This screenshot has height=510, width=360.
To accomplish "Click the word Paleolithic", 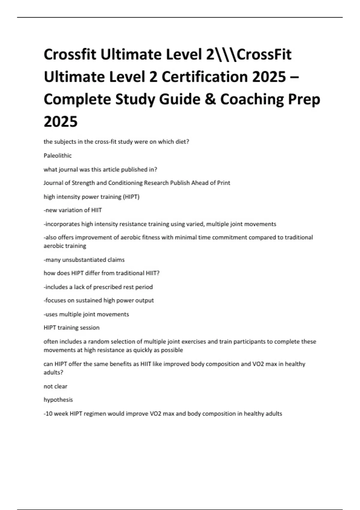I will [58, 155].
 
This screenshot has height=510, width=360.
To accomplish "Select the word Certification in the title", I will [205, 77].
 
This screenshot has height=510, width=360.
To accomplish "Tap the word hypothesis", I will [58, 400].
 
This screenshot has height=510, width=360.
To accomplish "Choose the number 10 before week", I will [49, 414].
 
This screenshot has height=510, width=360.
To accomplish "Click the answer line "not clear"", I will [55, 386].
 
